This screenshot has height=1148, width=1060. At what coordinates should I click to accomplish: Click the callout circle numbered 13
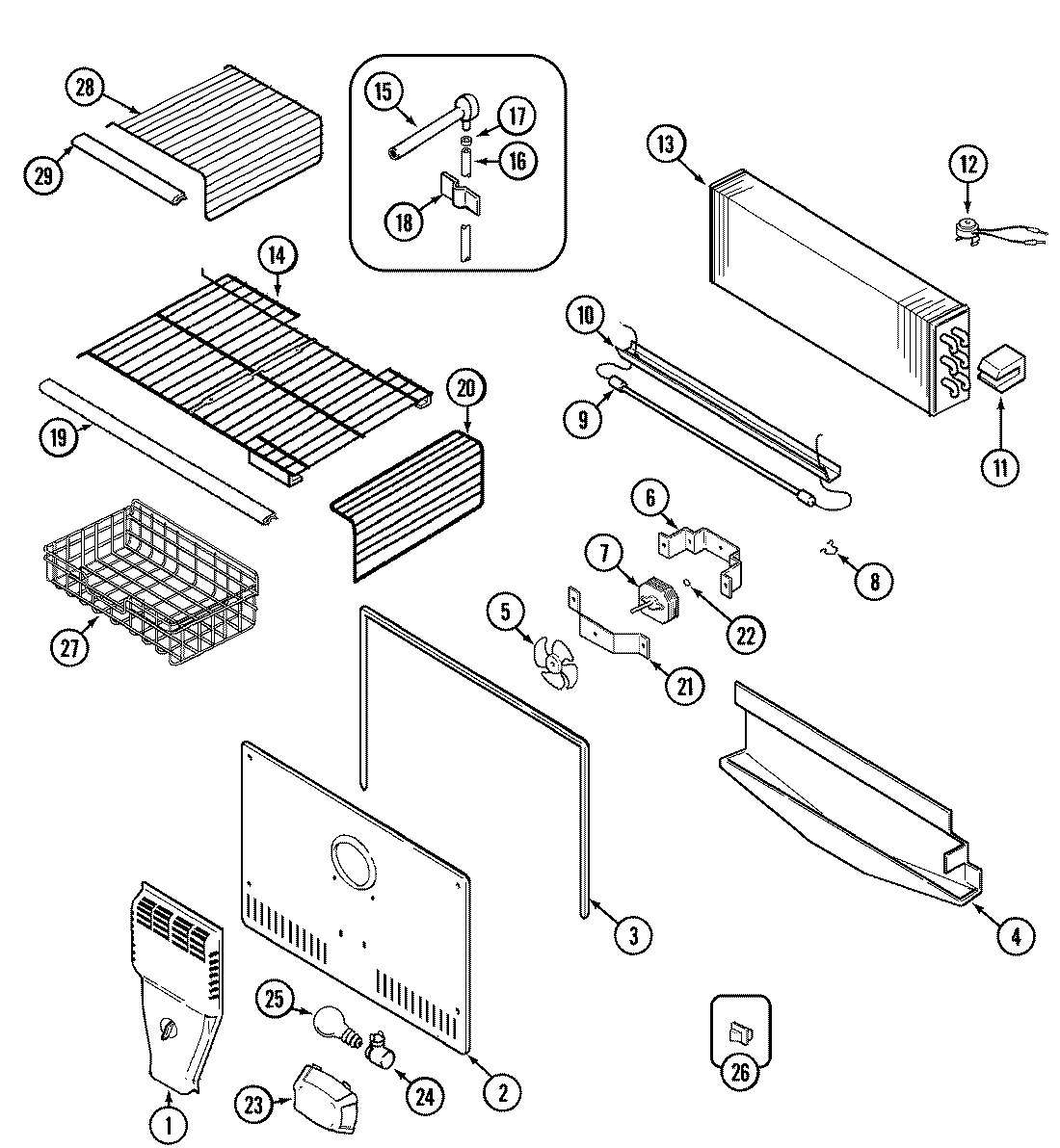[x=664, y=144]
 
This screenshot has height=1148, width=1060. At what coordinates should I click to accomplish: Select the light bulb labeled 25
[x=330, y=1023]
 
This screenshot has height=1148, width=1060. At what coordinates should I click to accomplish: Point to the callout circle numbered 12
[x=967, y=165]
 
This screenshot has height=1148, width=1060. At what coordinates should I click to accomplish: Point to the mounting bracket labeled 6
[x=704, y=549]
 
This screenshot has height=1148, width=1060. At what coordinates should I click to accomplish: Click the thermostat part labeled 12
[x=966, y=229]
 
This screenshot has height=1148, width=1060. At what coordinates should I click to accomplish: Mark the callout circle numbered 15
[x=383, y=92]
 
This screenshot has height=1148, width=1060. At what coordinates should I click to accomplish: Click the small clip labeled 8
[x=825, y=552]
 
